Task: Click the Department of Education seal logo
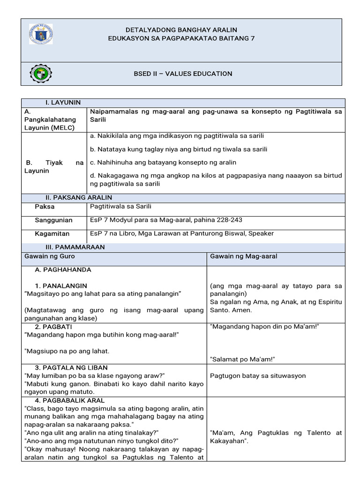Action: pos(41,34)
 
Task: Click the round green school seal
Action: pos(41,74)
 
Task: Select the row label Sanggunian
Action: pos(53,220)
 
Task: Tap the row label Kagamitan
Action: pos(52,233)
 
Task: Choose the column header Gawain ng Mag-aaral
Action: pos(244,256)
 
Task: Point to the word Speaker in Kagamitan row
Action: pos(262,233)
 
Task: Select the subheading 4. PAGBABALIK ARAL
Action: pos(70,400)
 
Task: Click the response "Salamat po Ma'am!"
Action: pos(242,359)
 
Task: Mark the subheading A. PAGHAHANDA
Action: pos(63,270)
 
